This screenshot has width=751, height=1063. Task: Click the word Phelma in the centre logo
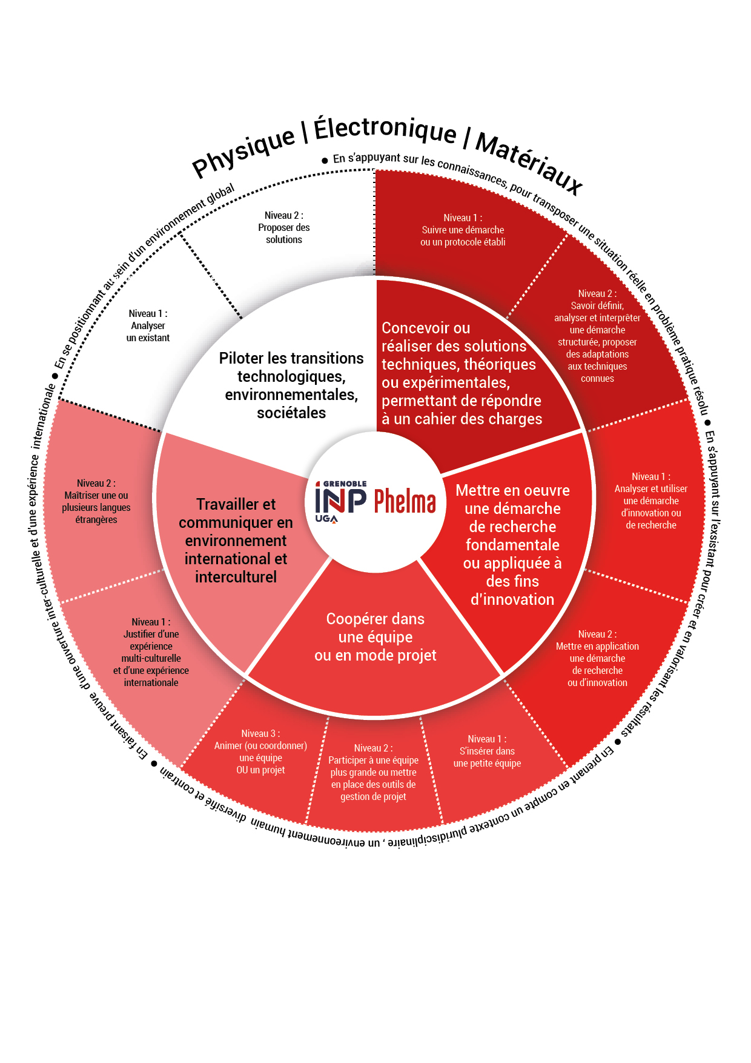click(405, 501)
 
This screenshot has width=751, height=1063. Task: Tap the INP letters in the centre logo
click(340, 501)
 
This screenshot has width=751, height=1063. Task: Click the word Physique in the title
click(243, 151)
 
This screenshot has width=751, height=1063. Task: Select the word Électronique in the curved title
click(385, 128)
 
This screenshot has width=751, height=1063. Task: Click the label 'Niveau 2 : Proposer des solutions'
click(283, 227)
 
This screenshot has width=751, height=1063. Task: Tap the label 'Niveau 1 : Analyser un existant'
click(148, 325)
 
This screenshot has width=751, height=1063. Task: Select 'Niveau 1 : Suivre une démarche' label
click(463, 230)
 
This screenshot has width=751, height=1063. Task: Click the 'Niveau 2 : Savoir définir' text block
click(597, 336)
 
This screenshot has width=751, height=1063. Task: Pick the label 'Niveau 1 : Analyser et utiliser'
click(650, 501)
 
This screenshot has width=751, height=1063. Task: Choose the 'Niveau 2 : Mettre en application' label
click(597, 658)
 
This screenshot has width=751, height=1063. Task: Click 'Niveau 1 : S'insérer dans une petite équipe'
click(487, 751)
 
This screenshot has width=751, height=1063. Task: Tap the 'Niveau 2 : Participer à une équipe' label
click(373, 772)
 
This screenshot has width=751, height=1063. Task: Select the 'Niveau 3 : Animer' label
click(260, 751)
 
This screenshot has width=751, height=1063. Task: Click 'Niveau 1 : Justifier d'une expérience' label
click(151, 652)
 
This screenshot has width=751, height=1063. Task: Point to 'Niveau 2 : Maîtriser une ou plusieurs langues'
click(96, 501)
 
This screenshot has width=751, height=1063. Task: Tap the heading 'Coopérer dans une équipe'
click(375, 637)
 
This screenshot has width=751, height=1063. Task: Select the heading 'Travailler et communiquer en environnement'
click(236, 541)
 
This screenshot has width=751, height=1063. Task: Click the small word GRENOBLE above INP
click(345, 484)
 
